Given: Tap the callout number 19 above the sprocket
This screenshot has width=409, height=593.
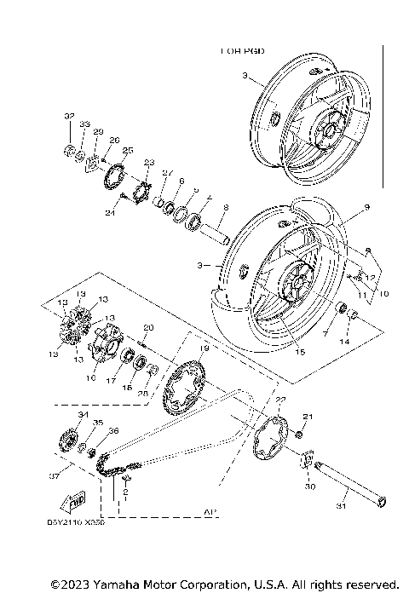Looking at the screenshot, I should [x=204, y=348].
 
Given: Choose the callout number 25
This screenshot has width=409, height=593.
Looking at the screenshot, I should [x=128, y=150].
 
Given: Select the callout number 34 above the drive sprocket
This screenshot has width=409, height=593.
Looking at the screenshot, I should [x=83, y=415].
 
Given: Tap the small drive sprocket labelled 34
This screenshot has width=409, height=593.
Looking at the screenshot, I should [x=65, y=445].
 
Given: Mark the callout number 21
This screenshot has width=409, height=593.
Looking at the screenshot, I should [x=308, y=416].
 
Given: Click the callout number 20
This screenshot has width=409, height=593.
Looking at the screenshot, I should [x=147, y=328].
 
